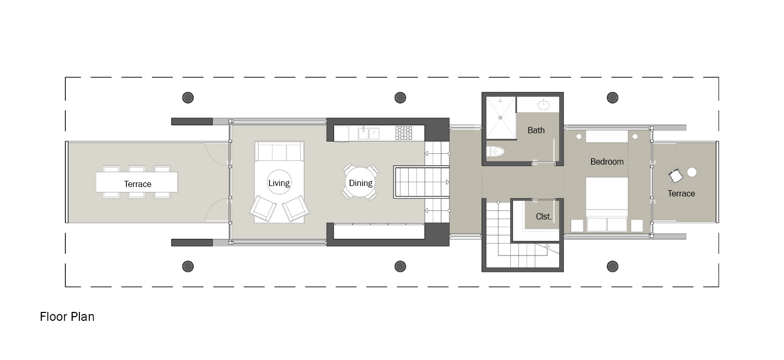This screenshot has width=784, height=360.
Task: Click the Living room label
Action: click(x=279, y=183)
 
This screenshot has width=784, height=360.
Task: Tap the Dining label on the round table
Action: click(x=361, y=183)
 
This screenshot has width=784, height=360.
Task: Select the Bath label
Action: click(x=536, y=130)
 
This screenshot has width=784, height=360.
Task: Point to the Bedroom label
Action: click(x=607, y=161)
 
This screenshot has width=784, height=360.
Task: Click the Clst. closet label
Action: click(x=544, y=216)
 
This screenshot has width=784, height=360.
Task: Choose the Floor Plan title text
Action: click(x=67, y=317)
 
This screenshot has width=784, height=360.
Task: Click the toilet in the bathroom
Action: click(x=495, y=152)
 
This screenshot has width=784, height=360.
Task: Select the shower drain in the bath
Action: click(x=500, y=118)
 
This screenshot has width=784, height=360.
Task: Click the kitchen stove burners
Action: click(x=403, y=133)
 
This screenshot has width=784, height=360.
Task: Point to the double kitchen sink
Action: click(x=368, y=133)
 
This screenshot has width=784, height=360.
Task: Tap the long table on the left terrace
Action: click(x=136, y=182)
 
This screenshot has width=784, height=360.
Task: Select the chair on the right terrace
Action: click(x=675, y=176)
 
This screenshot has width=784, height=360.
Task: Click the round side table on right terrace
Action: click(x=692, y=171)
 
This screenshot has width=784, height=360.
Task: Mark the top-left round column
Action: click(x=188, y=97)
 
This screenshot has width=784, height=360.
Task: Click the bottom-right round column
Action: click(x=612, y=266)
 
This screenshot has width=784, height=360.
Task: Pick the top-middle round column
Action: click(x=400, y=97)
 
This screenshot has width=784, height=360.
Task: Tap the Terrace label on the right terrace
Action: click(x=681, y=193)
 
